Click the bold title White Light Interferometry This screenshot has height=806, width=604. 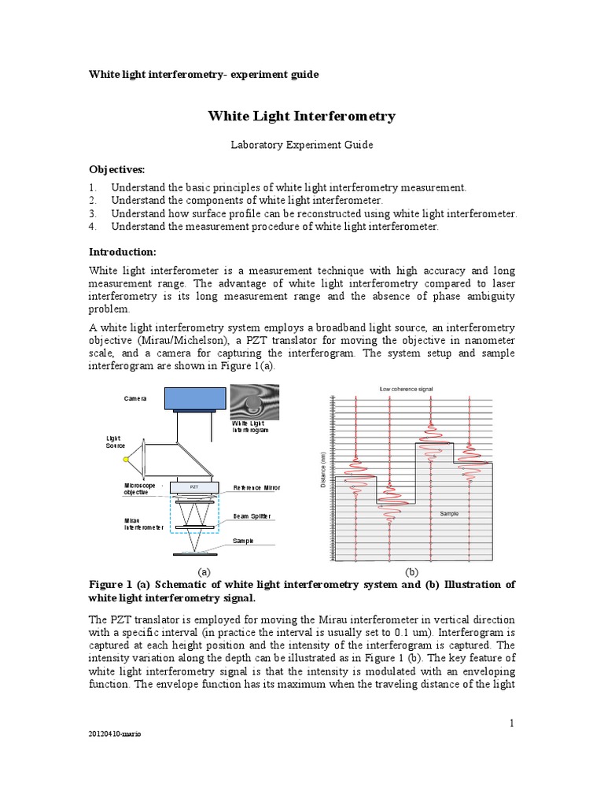(x=301, y=116)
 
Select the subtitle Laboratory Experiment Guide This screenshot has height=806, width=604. (x=301, y=145)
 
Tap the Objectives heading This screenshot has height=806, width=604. (x=117, y=170)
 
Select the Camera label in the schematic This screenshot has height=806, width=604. (x=135, y=398)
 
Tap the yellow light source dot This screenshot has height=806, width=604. (x=124, y=458)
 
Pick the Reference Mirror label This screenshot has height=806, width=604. (x=256, y=488)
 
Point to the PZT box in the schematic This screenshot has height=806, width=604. (x=193, y=487)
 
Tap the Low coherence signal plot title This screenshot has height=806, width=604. (x=406, y=389)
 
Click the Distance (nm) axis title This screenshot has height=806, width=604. (x=323, y=470)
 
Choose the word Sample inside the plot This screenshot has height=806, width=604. (x=448, y=513)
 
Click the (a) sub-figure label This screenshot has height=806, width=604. (x=204, y=571)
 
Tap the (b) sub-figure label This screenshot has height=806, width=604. (x=411, y=571)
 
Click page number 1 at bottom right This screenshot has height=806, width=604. (x=510, y=722)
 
